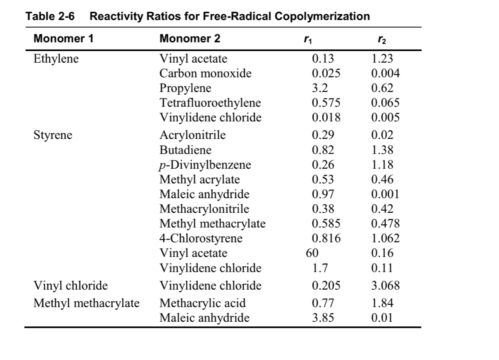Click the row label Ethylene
(x=56, y=59)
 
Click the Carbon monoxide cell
(x=205, y=74)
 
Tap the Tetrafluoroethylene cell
(x=210, y=103)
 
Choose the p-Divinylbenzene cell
(x=205, y=165)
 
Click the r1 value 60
(x=312, y=253)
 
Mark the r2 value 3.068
(x=385, y=286)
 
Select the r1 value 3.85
(x=323, y=318)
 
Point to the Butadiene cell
(x=185, y=150)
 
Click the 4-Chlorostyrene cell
(x=201, y=239)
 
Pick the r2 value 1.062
(x=385, y=239)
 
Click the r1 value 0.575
(x=326, y=103)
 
